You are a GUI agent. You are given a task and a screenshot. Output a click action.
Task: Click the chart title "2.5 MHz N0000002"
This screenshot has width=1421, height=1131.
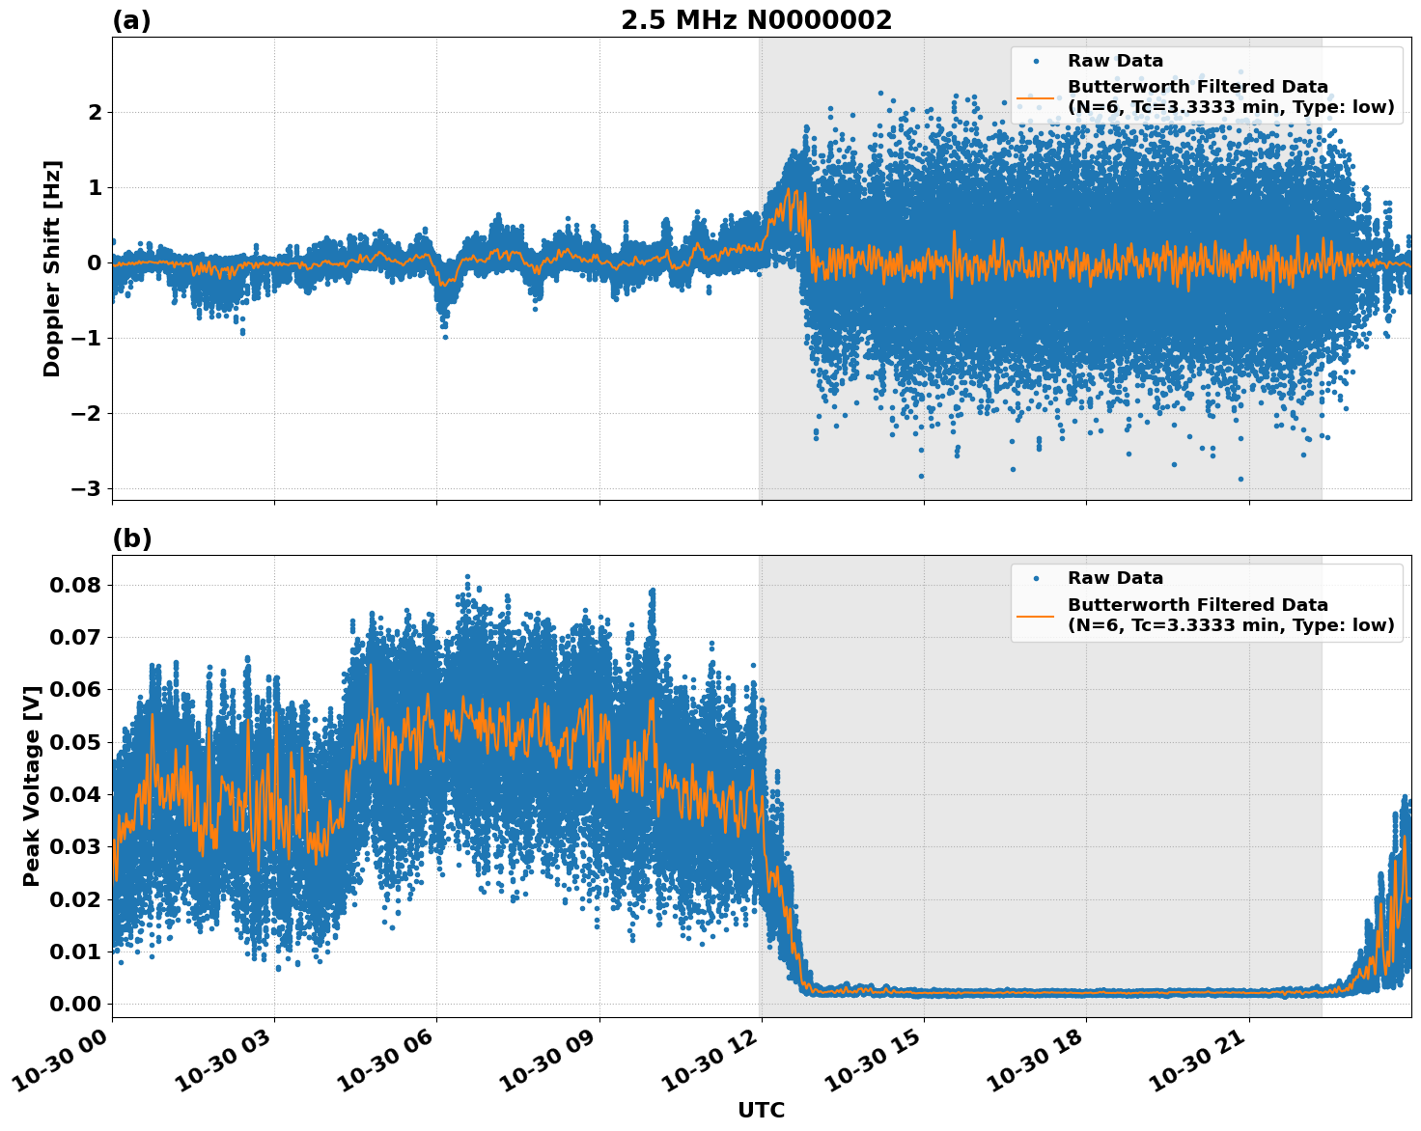pos(756,20)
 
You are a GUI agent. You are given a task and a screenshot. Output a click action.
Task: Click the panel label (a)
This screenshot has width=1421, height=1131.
pos(131,20)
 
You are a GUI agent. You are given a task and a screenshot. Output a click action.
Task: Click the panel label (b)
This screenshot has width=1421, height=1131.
pos(131,538)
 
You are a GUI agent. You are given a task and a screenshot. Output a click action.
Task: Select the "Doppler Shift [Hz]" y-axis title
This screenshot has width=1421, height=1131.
pos(52,268)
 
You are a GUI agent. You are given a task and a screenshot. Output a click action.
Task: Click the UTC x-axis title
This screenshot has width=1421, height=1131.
pos(761,1110)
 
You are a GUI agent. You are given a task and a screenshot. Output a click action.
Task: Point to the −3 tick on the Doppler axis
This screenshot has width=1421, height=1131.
pos(86,488)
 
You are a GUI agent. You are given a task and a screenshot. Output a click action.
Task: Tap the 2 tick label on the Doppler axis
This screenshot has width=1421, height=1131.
pos(96,112)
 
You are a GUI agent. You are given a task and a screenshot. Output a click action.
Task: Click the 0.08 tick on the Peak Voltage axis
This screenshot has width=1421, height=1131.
pos(75,585)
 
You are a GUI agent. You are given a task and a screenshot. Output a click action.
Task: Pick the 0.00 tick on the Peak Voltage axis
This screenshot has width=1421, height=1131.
pos(75,1004)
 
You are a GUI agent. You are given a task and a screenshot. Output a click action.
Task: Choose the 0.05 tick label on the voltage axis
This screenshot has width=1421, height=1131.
pos(75,742)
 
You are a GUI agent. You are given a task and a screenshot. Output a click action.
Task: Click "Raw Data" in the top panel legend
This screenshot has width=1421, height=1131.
pos(1115,61)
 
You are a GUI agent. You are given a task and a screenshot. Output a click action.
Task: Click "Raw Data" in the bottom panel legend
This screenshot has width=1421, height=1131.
pos(1115,578)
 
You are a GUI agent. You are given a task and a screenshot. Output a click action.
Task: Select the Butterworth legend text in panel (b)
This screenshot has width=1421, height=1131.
pos(1230,615)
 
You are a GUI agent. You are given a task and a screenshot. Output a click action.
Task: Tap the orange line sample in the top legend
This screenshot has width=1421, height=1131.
pos(1035,97)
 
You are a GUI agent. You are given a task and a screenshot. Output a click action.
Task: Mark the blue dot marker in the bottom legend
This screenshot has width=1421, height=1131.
pos(1035,579)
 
